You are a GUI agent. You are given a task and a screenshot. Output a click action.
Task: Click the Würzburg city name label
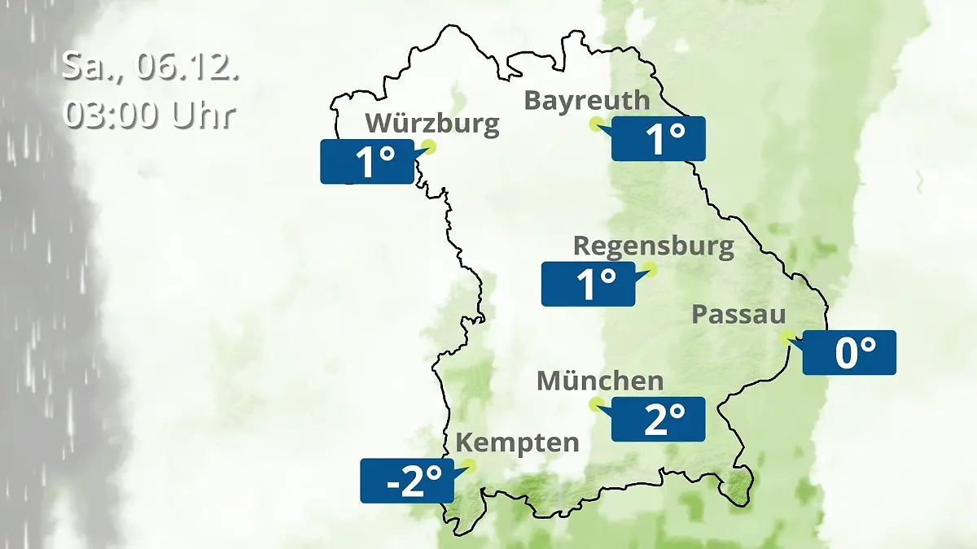pos(432,124)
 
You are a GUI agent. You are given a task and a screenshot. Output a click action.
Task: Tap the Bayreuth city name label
pos(587,100)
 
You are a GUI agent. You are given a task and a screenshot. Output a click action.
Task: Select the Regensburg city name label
pos(653,246)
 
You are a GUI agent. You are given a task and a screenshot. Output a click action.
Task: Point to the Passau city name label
pos(738,315)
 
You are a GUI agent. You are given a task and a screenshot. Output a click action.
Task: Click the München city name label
pos(600,381)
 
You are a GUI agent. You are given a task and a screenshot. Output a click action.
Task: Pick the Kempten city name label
pos(517,443)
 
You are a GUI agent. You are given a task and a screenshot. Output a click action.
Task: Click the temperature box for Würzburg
pos(367,161)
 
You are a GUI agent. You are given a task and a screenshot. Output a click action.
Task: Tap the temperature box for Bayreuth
pos(658,138)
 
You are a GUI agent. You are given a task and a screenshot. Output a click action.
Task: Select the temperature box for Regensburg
pos(588,284)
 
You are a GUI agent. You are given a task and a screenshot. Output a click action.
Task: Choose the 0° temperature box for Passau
pos(849,352)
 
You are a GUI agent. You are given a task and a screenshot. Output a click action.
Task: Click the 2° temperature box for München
pos(658,419)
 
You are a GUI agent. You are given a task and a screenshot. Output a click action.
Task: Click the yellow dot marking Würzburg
pos(429,146)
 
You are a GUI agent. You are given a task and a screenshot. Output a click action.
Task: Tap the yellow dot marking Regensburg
pos(650,269)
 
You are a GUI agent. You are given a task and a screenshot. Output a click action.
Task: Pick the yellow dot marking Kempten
pos(467,466)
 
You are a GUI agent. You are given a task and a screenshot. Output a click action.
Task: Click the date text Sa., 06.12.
pos(151,68)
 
